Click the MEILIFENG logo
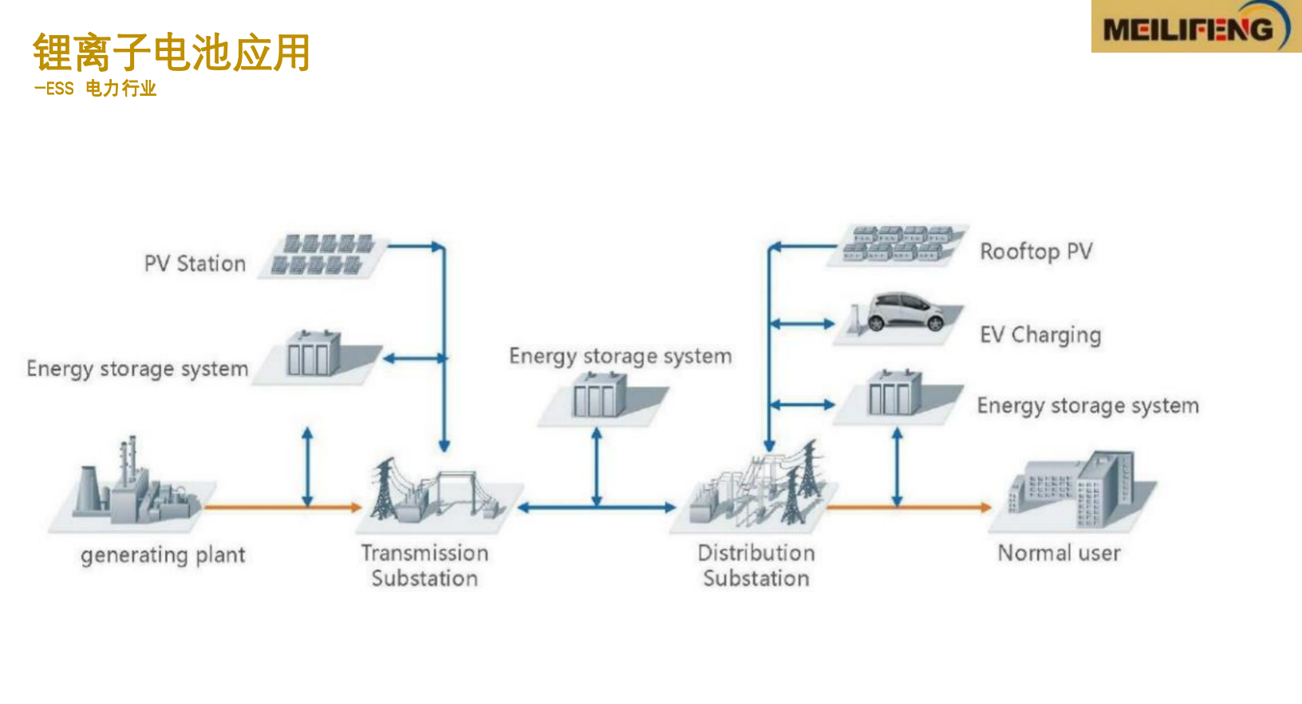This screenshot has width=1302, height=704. tap(1195, 27)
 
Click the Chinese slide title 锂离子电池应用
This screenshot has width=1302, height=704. tap(172, 53)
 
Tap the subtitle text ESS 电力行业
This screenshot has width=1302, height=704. tap(96, 89)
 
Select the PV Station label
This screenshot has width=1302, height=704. tap(195, 263)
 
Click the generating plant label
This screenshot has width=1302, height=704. tap(163, 555)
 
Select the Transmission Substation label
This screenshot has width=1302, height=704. tap(424, 565)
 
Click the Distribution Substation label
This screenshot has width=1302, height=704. tap(756, 565)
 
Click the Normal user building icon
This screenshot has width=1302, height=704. tap(1073, 491)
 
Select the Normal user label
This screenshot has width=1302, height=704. tap(1059, 553)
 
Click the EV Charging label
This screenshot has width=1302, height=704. tap(1040, 334)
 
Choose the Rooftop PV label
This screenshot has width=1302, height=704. tap(1036, 251)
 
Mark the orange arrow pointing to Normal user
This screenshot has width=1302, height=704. tap(909, 507)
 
